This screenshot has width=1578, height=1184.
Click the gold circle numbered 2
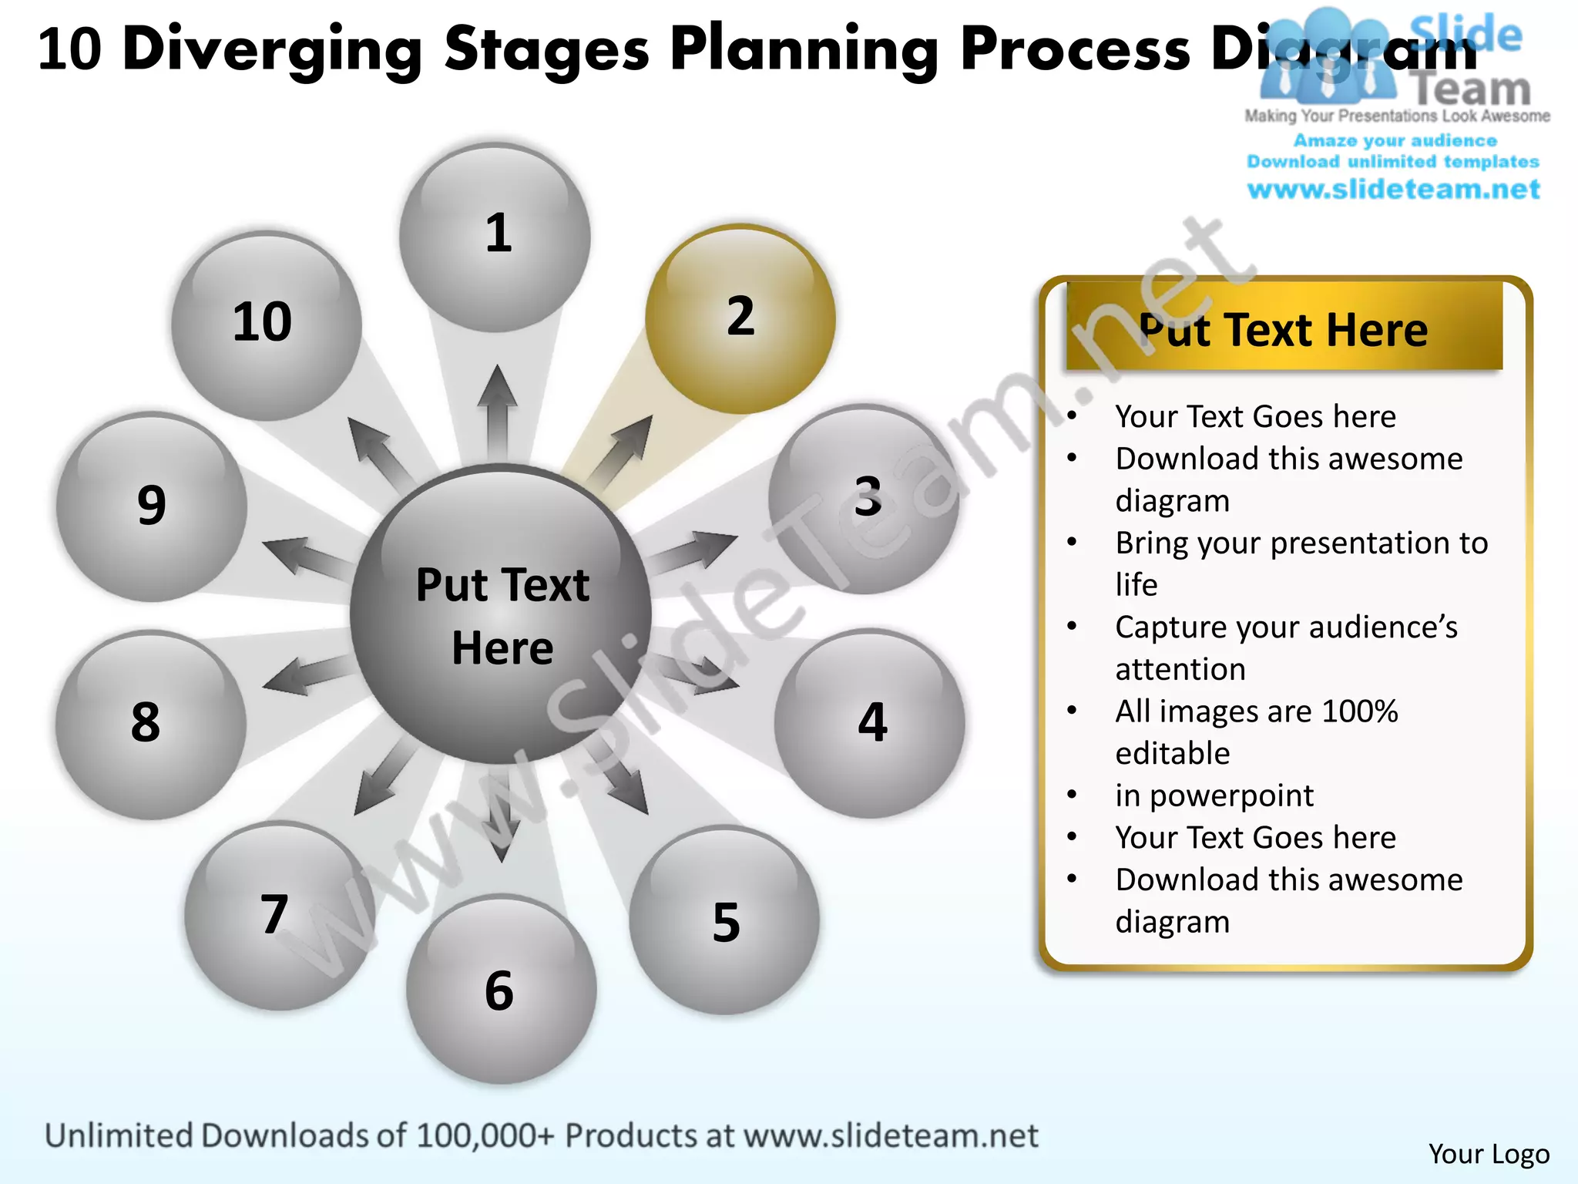tap(740, 318)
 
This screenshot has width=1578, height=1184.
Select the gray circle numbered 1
tap(495, 237)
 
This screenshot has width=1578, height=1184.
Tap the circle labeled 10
tap(266, 325)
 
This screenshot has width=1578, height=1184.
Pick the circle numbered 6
tap(501, 989)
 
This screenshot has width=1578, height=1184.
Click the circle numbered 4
tap(869, 723)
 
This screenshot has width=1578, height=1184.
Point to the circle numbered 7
tap(279, 916)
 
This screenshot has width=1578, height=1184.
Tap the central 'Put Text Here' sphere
tap(501, 614)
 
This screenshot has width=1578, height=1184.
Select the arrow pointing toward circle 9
tap(304, 557)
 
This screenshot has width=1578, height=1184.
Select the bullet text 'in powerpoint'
tap(1214, 795)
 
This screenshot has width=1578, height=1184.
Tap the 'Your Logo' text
tap(1489, 1154)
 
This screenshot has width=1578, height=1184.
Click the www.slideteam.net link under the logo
tap(1393, 190)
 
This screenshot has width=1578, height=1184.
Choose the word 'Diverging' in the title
tap(271, 49)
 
